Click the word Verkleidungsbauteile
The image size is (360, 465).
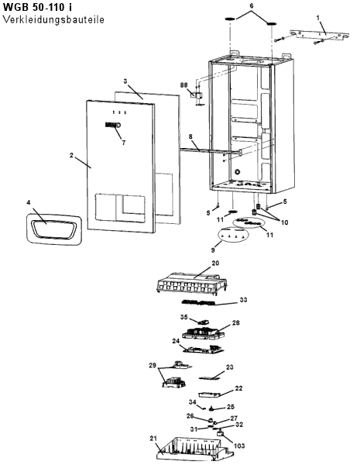[x=53, y=19]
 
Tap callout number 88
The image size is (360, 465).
[x=183, y=85]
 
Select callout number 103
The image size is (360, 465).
[x=239, y=446]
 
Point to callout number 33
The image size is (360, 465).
[x=243, y=300]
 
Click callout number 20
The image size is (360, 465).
[x=215, y=263]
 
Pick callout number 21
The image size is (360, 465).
[x=153, y=438]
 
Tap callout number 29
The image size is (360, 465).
[x=153, y=366]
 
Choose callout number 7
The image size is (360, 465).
[x=124, y=143]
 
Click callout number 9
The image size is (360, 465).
[x=213, y=250]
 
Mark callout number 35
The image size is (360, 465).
[x=184, y=317]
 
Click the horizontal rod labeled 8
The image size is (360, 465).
[x=211, y=151]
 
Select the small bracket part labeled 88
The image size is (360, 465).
[x=197, y=95]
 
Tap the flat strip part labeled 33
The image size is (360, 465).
[x=199, y=303]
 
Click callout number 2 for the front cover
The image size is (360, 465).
[x=71, y=155]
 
